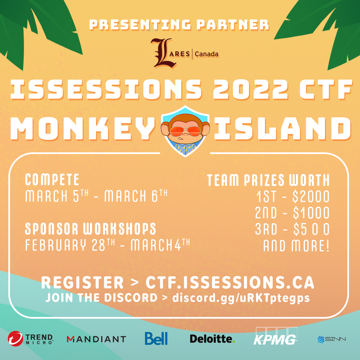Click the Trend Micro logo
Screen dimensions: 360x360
click(31, 339)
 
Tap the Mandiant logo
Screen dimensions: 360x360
click(96, 339)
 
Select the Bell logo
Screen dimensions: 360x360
click(156, 338)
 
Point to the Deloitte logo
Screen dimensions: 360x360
click(212, 339)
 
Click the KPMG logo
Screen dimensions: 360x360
click(275, 336)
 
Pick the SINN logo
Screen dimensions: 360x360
click(332, 339)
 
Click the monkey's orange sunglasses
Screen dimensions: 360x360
click(185, 131)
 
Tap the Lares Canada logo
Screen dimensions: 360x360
click(185, 53)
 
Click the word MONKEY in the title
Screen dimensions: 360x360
click(83, 129)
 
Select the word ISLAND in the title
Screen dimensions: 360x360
click(283, 129)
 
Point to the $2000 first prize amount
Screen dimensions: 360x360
click(311, 196)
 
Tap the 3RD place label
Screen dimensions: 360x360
click(266, 229)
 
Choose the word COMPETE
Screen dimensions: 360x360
click(52, 180)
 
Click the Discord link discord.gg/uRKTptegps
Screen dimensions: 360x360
click(241, 298)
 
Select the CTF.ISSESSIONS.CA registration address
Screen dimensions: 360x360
click(230, 282)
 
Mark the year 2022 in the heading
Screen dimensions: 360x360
click(250, 90)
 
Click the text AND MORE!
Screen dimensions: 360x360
click(296, 246)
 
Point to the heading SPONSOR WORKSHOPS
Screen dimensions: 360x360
click(90, 229)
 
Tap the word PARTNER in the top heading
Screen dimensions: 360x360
click(233, 25)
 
